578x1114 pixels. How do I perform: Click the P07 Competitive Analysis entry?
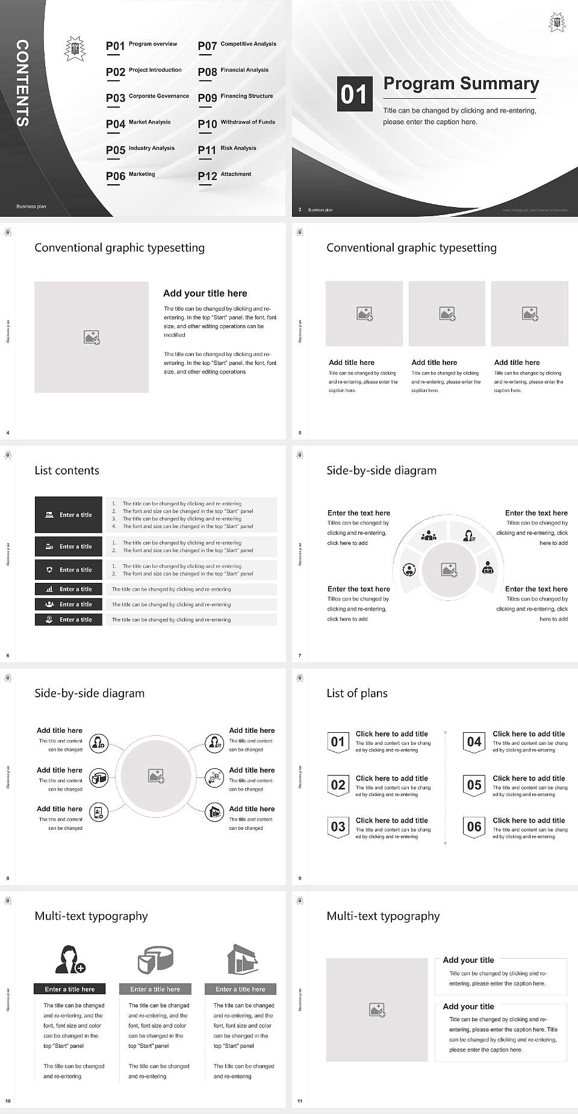pos(237,45)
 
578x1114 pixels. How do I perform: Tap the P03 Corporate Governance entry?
pos(148,97)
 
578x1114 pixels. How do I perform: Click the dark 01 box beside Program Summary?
pos(353,94)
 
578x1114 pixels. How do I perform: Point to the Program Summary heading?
pos(461,84)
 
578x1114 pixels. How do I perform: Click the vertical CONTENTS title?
pos(22,83)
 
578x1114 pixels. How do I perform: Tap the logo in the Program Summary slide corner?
pos(557,23)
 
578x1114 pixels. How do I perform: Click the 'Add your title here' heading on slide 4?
pos(205,293)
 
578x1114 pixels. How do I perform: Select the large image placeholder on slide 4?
pos(92,337)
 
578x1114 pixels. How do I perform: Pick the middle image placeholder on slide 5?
pos(447,314)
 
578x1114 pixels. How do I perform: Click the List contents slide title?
pos(67,470)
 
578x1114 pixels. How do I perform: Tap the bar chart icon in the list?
pos(49,589)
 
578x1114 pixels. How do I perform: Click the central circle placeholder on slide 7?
pos(449,569)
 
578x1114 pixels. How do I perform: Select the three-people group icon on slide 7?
pos(429,535)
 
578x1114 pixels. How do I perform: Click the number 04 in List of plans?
pos(474,742)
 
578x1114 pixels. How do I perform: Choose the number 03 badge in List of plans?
pos(338,827)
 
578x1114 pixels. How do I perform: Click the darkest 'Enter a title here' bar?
pos(69,989)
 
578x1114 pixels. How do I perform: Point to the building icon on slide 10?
pos(243,959)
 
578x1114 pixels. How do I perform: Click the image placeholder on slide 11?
pos(378,1010)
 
